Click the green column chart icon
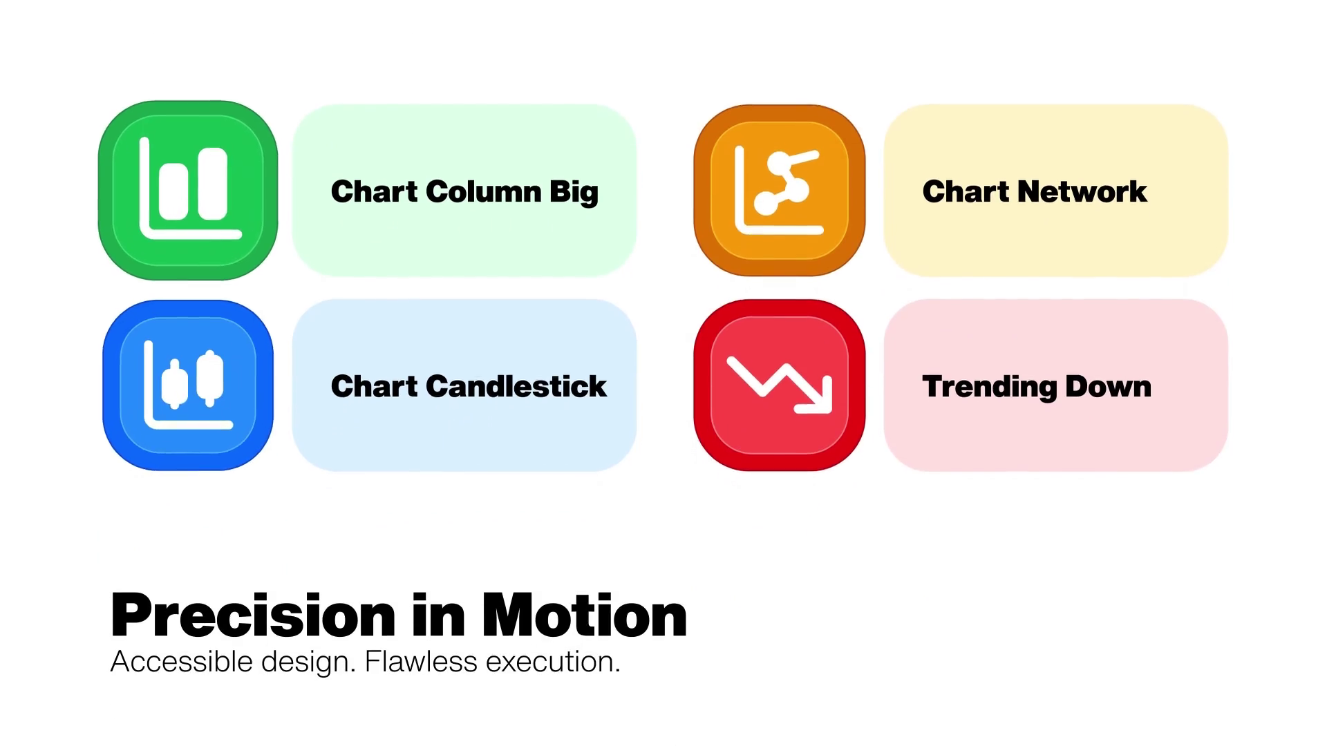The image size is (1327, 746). click(x=188, y=191)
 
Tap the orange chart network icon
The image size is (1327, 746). click(x=780, y=191)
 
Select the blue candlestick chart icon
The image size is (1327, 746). click(x=188, y=385)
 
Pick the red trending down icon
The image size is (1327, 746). click(x=780, y=385)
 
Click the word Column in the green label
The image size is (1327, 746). click(x=484, y=191)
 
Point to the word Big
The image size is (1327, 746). click(x=574, y=193)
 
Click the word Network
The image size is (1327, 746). click(x=1082, y=191)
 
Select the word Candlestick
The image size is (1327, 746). click(x=516, y=386)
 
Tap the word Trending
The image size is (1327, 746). click(x=990, y=388)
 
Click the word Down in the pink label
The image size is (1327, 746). click(x=1109, y=386)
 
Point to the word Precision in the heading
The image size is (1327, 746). click(x=253, y=615)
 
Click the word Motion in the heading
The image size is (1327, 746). click(x=585, y=615)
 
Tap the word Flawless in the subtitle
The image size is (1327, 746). click(x=421, y=661)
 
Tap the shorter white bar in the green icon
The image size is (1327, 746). click(x=173, y=191)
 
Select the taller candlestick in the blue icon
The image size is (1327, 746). click(x=210, y=378)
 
